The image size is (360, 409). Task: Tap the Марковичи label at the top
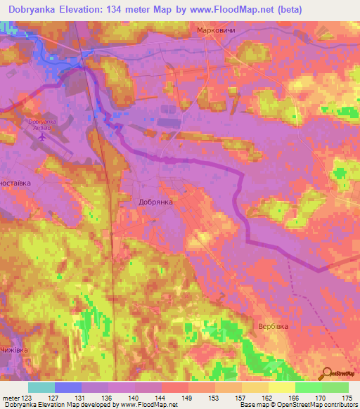point(216,32)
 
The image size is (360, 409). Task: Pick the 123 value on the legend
point(28,398)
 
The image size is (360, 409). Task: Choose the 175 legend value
point(347,398)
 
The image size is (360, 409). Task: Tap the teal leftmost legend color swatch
point(41,387)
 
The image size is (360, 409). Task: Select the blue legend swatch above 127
point(68,387)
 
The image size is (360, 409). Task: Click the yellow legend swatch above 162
point(255,387)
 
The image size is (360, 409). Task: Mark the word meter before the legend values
point(11,398)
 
